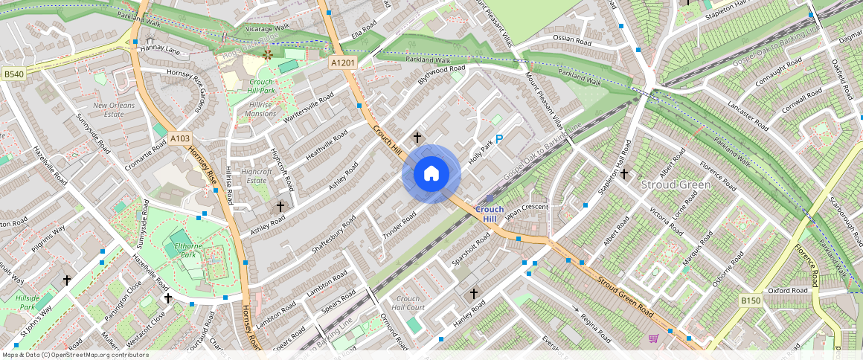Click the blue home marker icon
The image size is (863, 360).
431,174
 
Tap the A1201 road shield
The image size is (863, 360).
343,63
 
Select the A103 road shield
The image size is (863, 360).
180,138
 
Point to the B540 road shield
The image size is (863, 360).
13,74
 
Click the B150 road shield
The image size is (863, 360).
751,300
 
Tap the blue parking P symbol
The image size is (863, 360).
499,139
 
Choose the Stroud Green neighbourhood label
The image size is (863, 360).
676,184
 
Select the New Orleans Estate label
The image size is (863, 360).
113,110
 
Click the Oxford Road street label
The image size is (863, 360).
787,291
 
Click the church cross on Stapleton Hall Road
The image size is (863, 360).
624,174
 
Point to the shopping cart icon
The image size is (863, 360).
653,338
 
